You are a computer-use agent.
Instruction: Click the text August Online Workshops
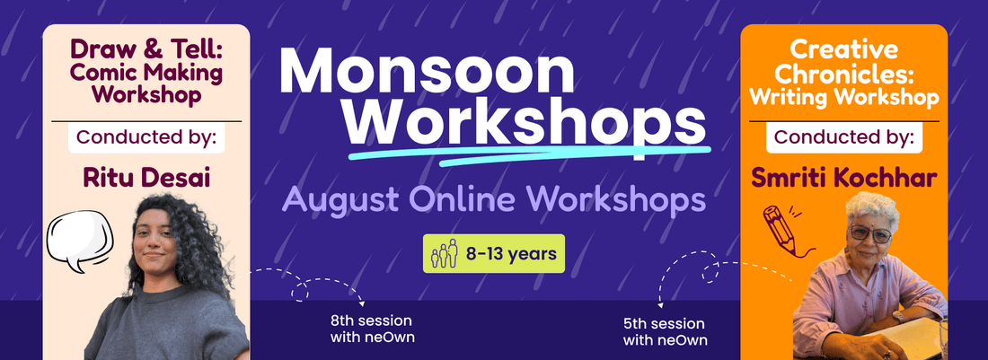pos(493,199)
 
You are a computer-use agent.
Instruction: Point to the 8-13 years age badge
pos(494,254)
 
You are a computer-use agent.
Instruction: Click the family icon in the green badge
pos(445,254)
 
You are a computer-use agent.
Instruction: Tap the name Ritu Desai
pos(146,178)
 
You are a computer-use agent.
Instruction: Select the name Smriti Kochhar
pos(843,178)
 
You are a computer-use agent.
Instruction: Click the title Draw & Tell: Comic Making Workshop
pos(146,72)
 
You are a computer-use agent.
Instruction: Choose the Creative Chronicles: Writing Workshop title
pos(843,73)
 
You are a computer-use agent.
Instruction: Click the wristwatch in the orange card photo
pos(898,316)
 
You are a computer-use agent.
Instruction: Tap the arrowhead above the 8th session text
pos(362,304)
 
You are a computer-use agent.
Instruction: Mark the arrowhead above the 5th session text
pos(660,304)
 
